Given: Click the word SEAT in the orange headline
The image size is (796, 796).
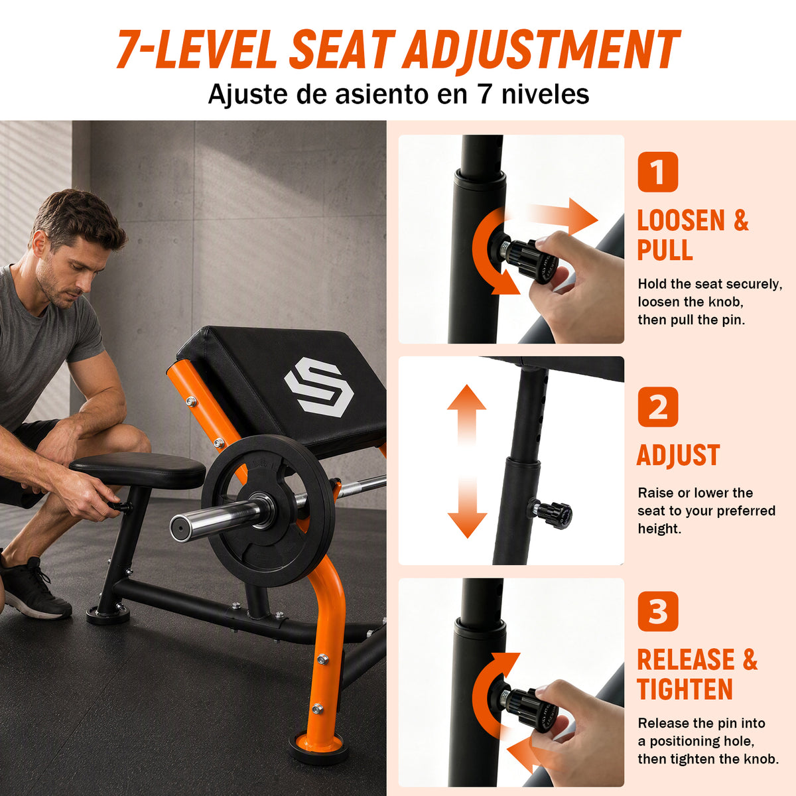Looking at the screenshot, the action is pyautogui.click(x=340, y=49).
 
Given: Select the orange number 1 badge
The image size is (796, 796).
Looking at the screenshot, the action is pyautogui.click(x=657, y=172).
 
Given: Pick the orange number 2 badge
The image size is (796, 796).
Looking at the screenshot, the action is pyautogui.click(x=657, y=407).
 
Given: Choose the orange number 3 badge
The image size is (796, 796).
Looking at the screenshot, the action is pyautogui.click(x=657, y=612).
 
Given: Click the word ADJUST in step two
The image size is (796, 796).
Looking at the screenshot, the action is pyautogui.click(x=679, y=455).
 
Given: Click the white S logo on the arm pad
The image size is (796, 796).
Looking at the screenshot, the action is pyautogui.click(x=318, y=387).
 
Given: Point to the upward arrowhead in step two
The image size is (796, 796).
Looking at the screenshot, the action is pyautogui.click(x=467, y=397).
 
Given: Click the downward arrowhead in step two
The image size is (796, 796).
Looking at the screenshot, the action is pyautogui.click(x=467, y=525).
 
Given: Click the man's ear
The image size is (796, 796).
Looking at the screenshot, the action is pyautogui.click(x=40, y=243).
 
